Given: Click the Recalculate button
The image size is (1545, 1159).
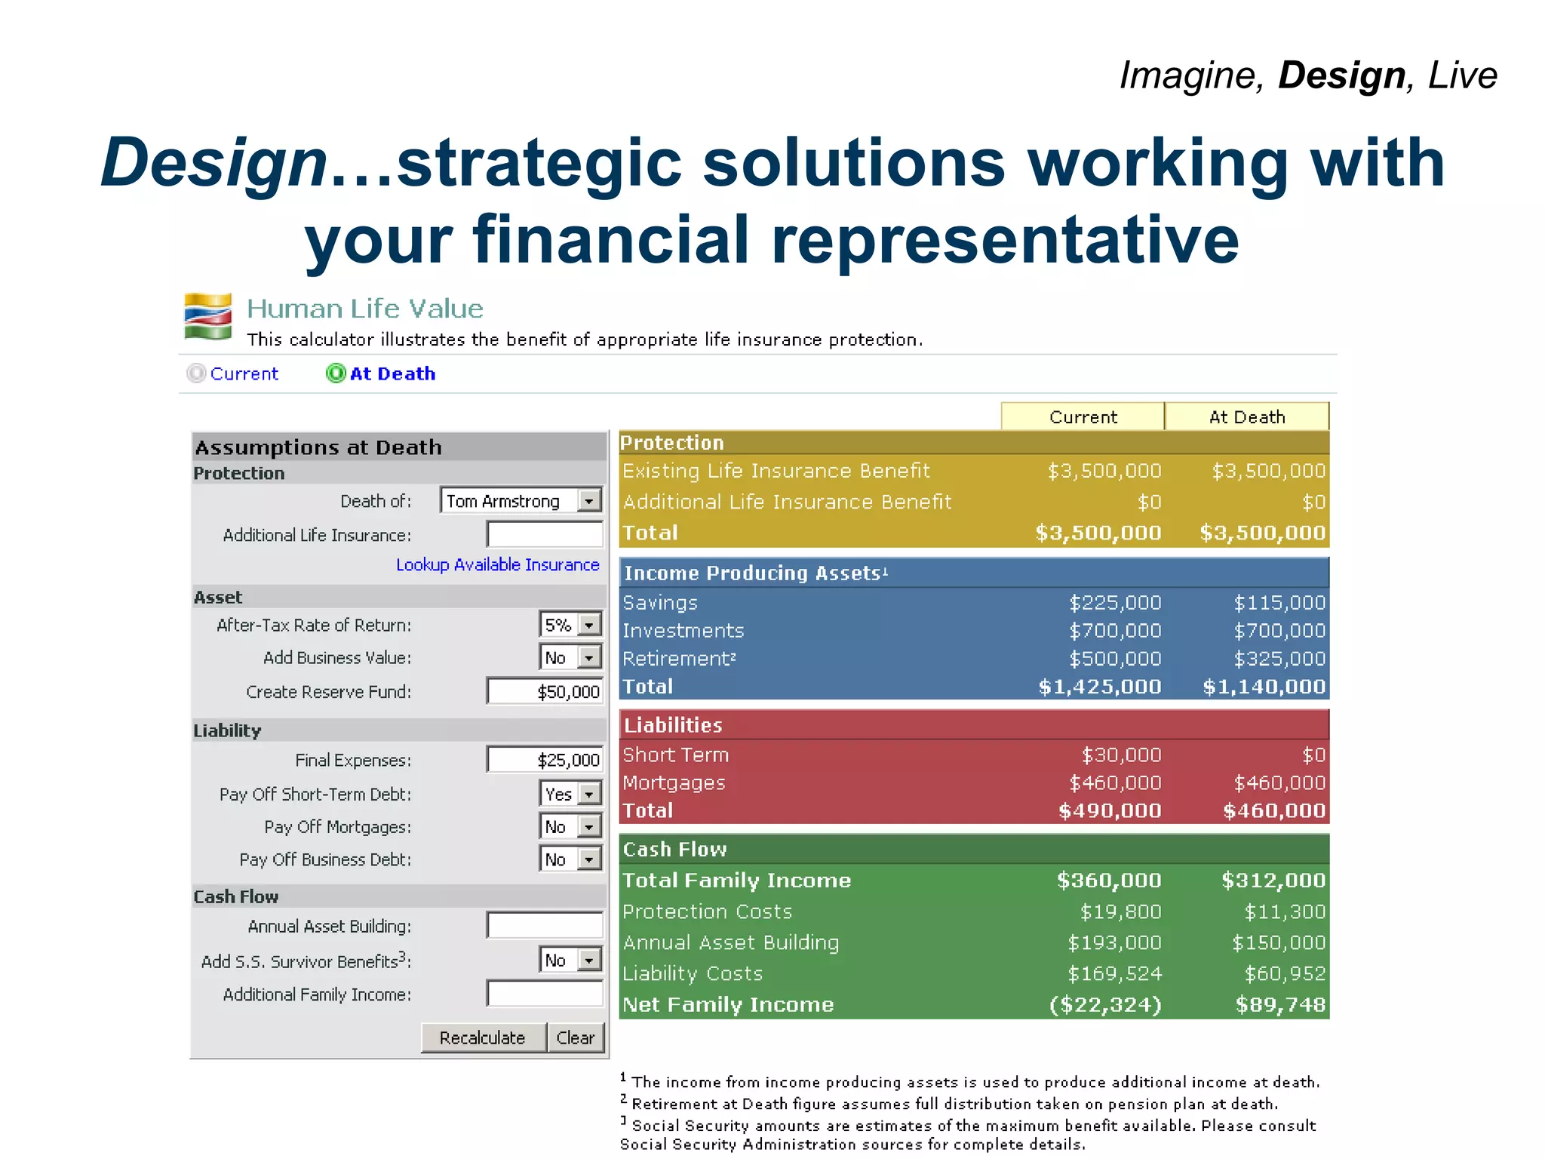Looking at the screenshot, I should click(x=483, y=1038).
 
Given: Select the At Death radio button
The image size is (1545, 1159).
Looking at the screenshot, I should click(x=336, y=374).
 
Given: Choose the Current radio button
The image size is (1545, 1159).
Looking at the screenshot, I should click(x=196, y=374).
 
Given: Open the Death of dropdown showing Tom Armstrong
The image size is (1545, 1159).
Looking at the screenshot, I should click(x=521, y=500).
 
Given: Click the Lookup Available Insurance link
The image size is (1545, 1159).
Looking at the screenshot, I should click(x=497, y=564).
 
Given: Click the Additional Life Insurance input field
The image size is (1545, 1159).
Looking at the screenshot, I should click(x=545, y=534).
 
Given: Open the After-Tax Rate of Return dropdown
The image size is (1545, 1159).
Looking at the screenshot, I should click(x=571, y=625).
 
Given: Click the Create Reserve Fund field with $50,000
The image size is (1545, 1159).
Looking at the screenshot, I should click(x=545, y=691).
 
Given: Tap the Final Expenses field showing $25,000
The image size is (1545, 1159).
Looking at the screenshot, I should click(x=545, y=760).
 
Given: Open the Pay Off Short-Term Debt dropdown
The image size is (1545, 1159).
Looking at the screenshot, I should click(x=571, y=794).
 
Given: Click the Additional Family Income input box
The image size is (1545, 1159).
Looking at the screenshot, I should click(x=545, y=994).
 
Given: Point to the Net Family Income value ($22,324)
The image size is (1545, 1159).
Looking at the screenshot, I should click(x=1105, y=1005).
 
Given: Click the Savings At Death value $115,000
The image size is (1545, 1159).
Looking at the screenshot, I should click(x=1279, y=603).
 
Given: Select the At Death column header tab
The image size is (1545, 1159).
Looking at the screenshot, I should click(x=1247, y=417).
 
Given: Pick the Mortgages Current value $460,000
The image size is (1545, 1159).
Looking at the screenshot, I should click(x=1115, y=782).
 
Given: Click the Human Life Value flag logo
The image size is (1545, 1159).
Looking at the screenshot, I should click(x=208, y=316).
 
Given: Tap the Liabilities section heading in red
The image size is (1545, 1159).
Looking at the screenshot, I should click(x=673, y=725).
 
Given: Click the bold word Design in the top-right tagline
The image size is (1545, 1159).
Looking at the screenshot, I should click(x=1341, y=75).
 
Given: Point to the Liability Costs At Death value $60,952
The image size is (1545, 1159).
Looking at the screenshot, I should click(x=1285, y=973).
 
